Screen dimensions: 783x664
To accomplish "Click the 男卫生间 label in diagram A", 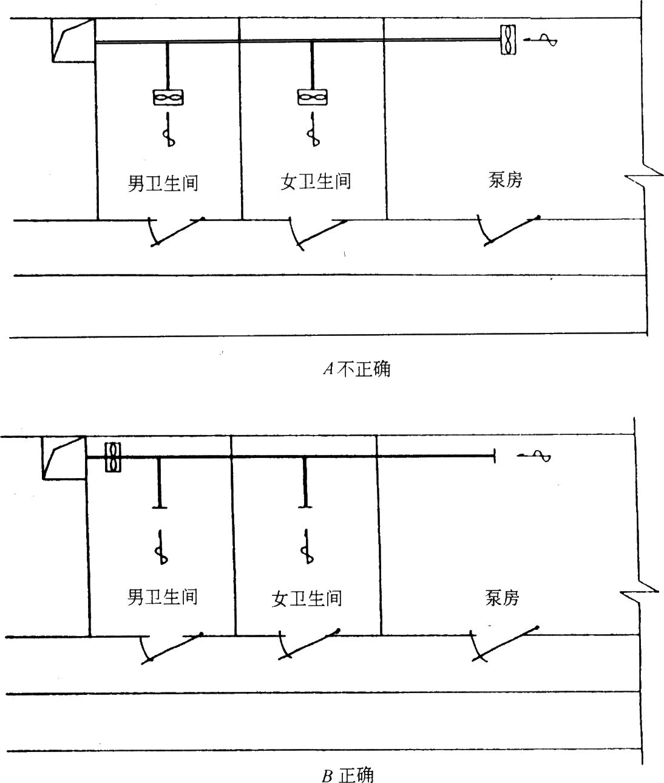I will (x=163, y=182).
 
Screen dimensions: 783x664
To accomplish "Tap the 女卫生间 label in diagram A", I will (x=316, y=181).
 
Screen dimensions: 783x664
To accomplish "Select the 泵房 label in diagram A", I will (x=505, y=179).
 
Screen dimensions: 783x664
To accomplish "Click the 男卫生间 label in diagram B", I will (x=162, y=596).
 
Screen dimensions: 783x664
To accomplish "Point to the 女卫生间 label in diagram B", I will (x=307, y=598).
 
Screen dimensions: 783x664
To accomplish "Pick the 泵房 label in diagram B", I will (x=503, y=598).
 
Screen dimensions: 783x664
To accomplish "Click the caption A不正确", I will (x=357, y=369).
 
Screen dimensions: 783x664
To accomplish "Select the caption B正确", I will (x=348, y=774).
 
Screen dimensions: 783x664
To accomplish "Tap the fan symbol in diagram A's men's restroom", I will (x=168, y=97).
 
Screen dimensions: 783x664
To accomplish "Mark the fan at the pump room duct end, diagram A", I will (x=508, y=40).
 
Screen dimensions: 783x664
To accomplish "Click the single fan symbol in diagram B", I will (x=112, y=457).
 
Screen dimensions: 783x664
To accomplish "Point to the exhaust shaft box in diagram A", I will (x=73, y=40).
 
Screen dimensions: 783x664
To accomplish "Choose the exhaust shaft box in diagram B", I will (x=63, y=457).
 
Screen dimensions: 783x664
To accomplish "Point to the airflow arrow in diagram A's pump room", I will (x=541, y=40).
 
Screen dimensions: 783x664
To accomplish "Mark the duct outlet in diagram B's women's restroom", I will (x=305, y=505).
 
